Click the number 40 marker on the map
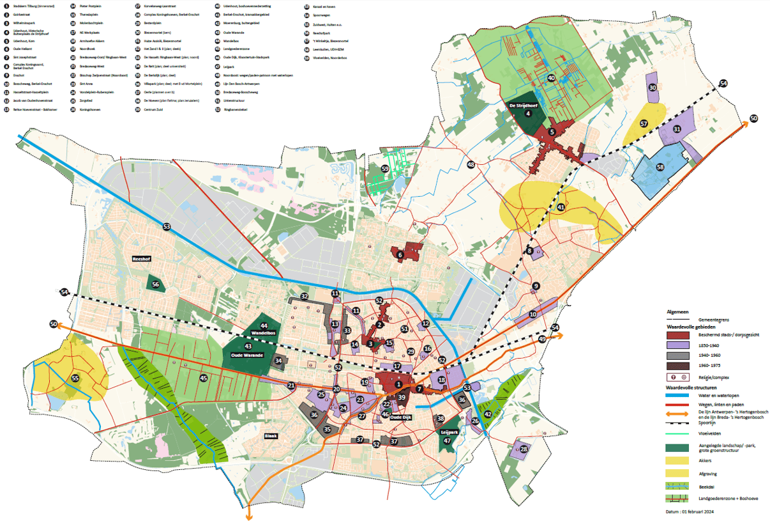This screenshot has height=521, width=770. (x=552, y=78)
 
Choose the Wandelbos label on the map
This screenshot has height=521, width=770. (x=263, y=333)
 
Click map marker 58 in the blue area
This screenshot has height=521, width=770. (x=660, y=167)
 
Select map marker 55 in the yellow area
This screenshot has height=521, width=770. (x=75, y=378)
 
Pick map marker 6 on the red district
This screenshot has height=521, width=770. (x=400, y=255)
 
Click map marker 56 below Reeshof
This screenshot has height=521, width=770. (x=155, y=284)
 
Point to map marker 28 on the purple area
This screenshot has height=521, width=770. (x=524, y=449)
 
